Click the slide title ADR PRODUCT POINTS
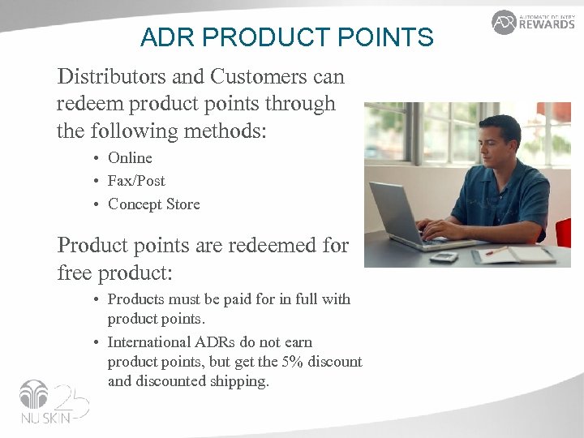[x=286, y=37]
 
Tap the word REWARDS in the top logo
[x=547, y=24]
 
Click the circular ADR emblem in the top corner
[x=504, y=22]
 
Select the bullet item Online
[x=130, y=158]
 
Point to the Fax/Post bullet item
[x=136, y=181]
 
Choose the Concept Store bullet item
[x=153, y=204]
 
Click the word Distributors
[x=108, y=77]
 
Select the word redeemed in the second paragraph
[x=262, y=245]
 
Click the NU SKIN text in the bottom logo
[x=41, y=420]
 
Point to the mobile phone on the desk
[x=444, y=256]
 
